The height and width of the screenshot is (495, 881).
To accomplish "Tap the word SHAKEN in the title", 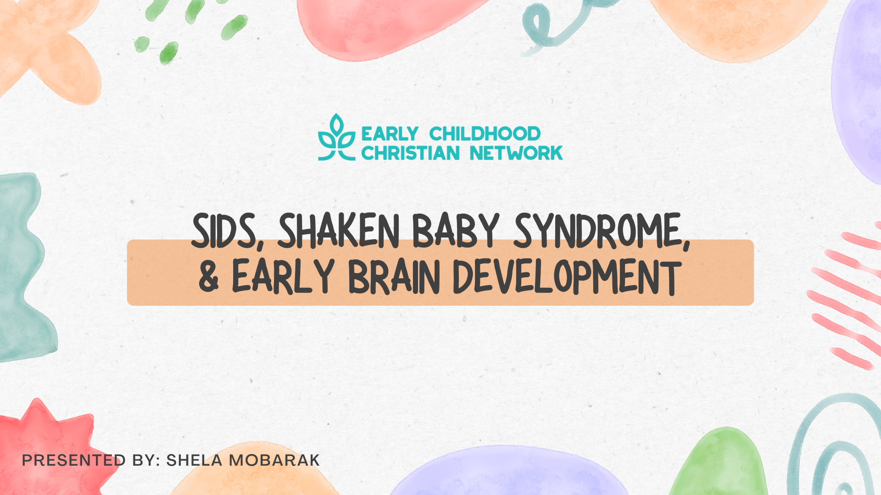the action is [339, 231].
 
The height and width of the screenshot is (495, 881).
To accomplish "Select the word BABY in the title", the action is [456, 231].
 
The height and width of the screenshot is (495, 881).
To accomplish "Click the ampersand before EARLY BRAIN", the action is [209, 276].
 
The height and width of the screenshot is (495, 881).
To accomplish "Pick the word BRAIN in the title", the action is [395, 276].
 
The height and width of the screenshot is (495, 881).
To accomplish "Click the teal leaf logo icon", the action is [337, 137].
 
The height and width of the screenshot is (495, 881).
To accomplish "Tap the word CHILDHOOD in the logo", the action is [485, 134].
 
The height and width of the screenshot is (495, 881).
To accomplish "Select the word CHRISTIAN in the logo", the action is [410, 153].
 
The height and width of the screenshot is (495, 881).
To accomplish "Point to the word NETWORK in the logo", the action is [516, 153].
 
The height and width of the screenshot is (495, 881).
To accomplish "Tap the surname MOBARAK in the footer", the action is [274, 460].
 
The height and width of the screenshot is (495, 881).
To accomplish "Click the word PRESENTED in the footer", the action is [74, 460].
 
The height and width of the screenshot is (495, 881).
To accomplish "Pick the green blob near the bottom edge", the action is [718, 463].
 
